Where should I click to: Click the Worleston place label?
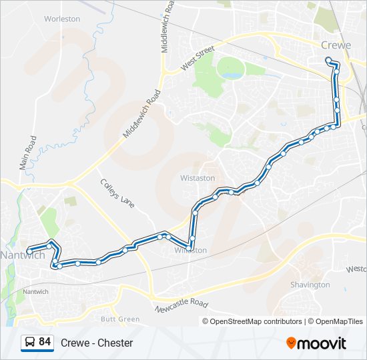[62, 19]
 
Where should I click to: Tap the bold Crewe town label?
[335, 45]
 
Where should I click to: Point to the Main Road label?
[27, 152]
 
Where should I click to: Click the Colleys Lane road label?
[117, 193]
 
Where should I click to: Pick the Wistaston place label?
[198, 179]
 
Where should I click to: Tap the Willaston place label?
[191, 251]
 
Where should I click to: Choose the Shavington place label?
[310, 285]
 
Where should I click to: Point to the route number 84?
[45, 342]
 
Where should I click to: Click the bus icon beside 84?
[30, 343]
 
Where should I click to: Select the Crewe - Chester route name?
[97, 343]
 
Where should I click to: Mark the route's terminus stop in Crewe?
[328, 60]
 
